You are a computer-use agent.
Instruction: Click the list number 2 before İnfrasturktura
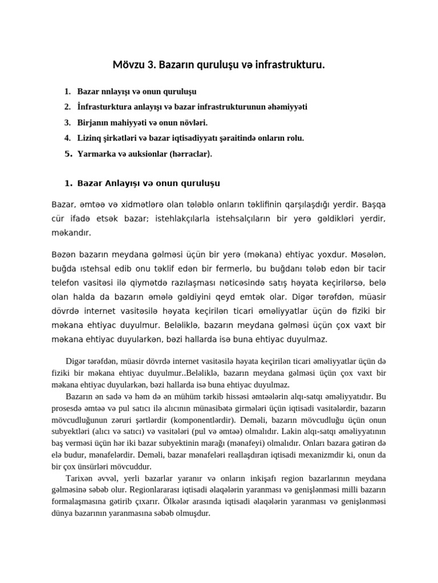point(67,106)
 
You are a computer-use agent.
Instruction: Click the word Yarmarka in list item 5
point(95,153)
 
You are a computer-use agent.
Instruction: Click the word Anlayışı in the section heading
point(125,183)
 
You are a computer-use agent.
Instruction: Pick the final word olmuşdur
point(193,513)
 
